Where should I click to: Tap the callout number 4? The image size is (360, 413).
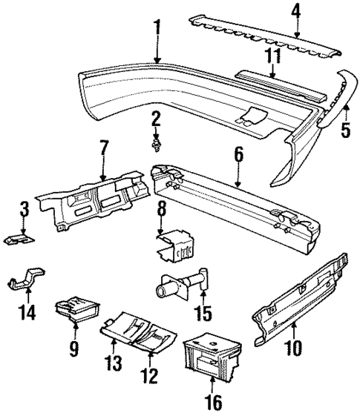point(296,12)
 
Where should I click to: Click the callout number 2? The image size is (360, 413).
point(156,118)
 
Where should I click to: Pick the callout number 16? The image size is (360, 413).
point(213,402)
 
